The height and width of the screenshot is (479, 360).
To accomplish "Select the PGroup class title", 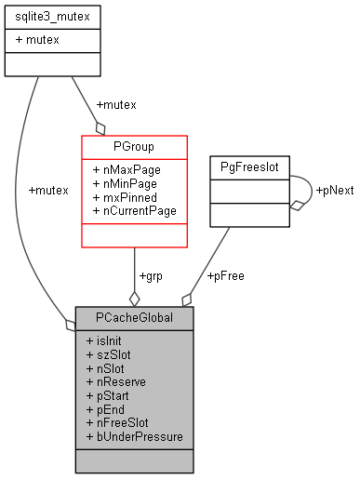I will (134, 146).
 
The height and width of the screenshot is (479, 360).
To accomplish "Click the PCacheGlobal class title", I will (134, 317).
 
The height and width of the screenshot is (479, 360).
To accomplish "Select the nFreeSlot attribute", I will (118, 422).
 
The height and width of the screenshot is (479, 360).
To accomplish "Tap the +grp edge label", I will (151, 276).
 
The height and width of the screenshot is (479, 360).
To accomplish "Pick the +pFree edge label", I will (225, 276).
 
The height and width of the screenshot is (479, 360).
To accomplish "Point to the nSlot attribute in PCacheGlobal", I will (106, 368).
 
